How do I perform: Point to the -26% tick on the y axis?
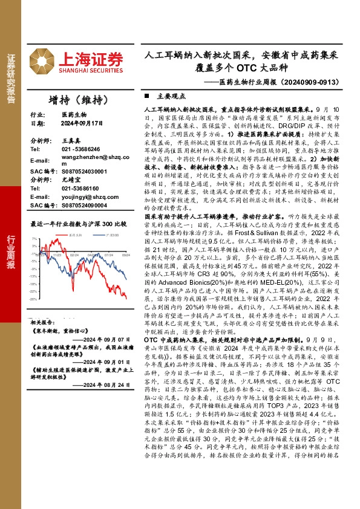34,299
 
